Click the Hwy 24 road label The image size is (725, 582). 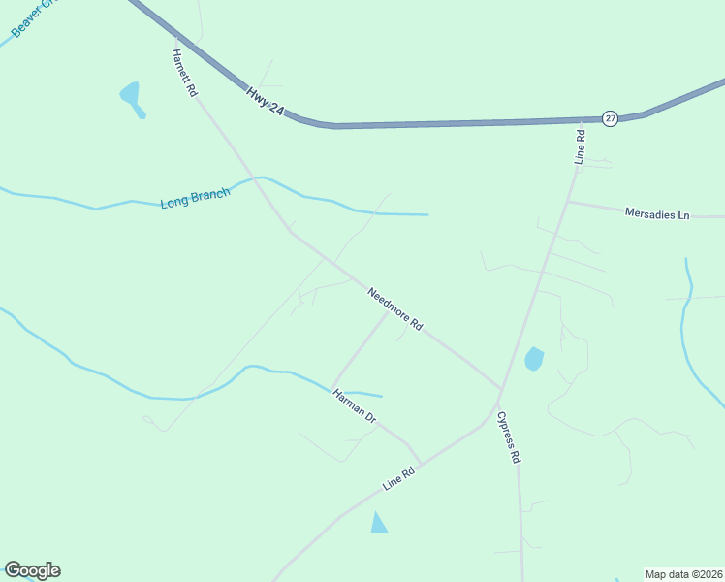[265, 102]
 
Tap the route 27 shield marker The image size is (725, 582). [609, 117]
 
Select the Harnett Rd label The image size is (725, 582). [184, 73]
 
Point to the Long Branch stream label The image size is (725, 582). [195, 199]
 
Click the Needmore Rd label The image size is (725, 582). [394, 309]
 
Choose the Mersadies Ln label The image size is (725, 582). [657, 213]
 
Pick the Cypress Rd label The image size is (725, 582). [509, 436]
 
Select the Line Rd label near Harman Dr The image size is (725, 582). [398, 476]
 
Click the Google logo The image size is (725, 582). [32, 570]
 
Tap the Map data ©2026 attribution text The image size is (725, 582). [683, 573]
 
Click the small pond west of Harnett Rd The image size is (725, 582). [131, 97]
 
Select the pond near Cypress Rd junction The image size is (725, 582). [534, 359]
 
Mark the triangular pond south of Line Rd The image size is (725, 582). [379, 524]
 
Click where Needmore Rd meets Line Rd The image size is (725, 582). [500, 388]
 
